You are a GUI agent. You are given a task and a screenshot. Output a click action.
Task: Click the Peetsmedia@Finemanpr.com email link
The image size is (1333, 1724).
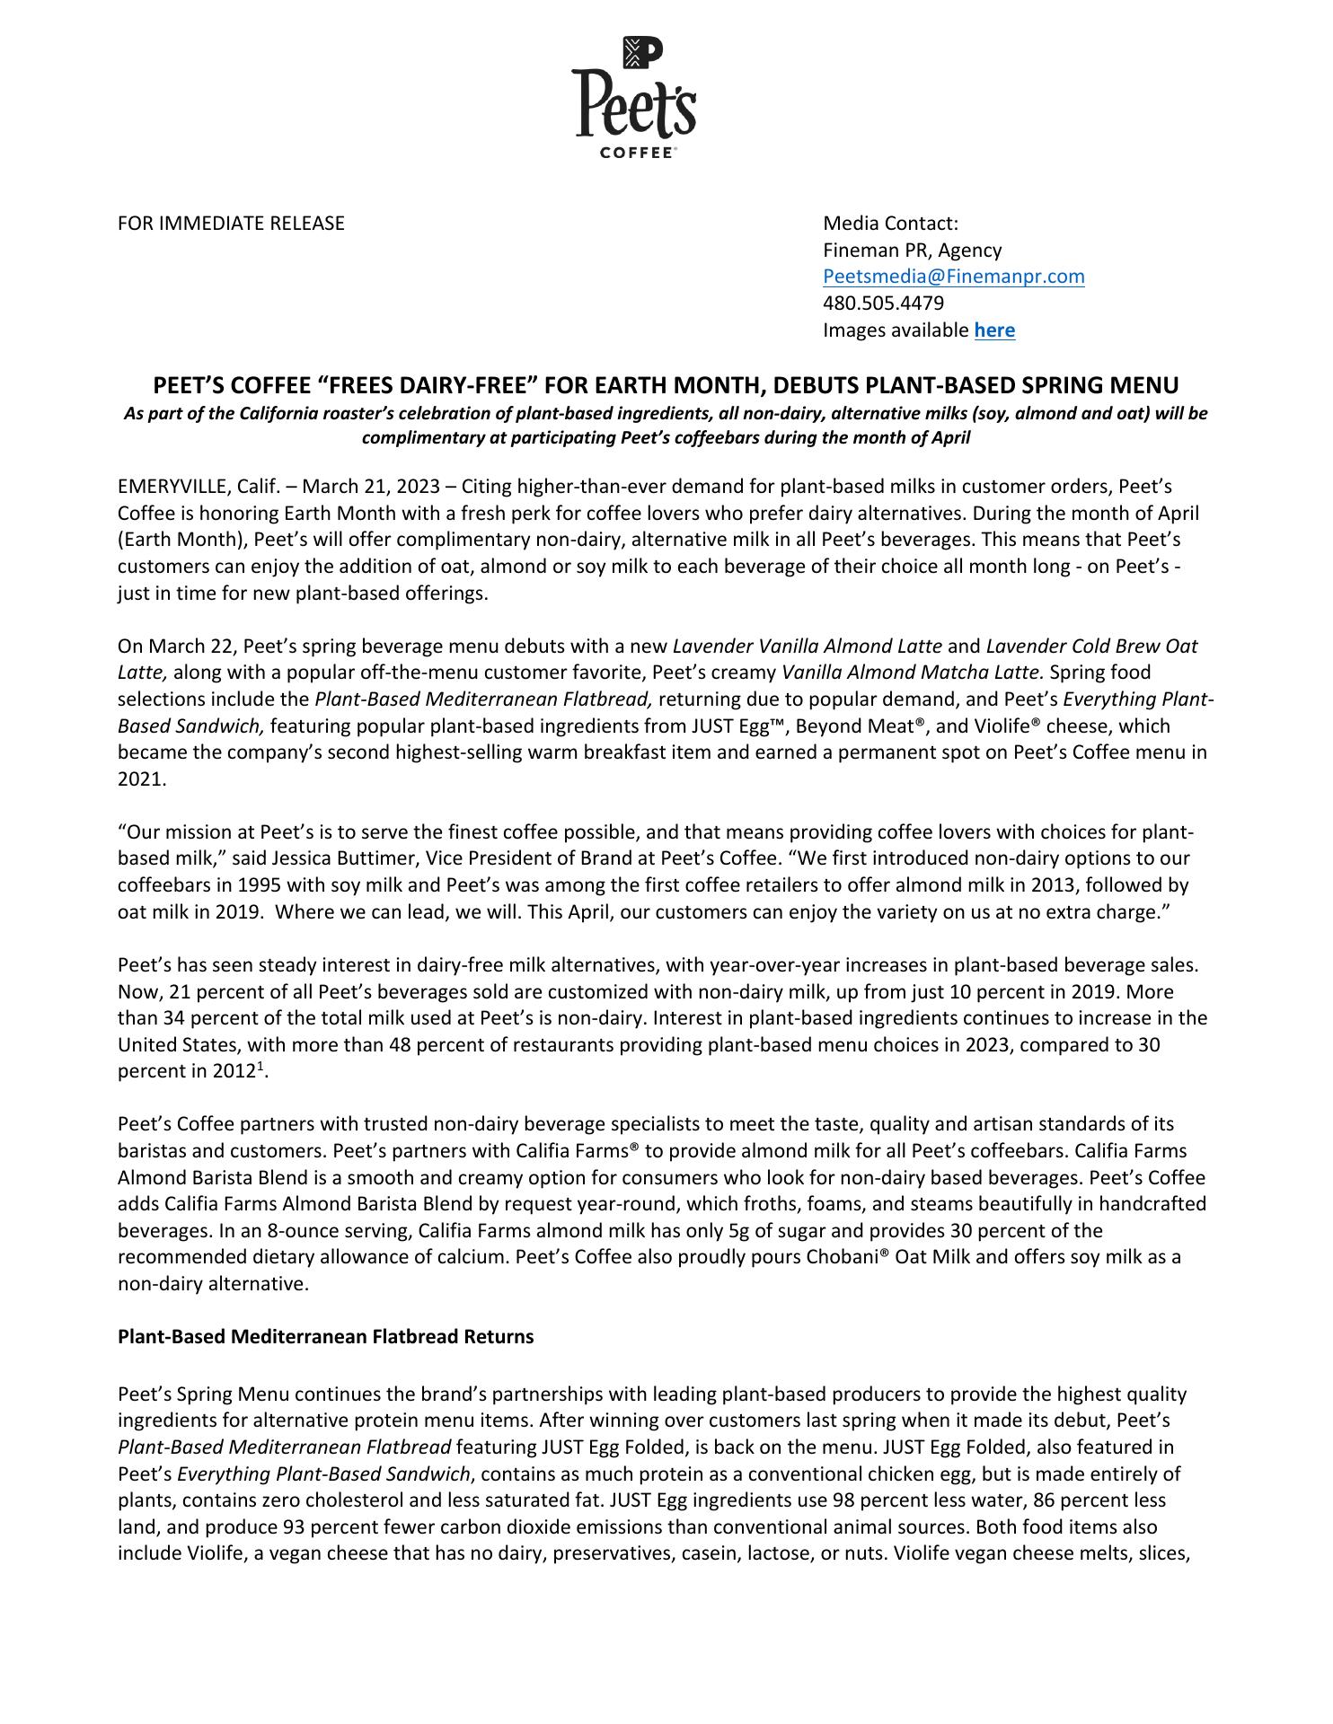tap(953, 277)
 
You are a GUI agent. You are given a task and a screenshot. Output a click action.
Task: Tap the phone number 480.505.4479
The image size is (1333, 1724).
tap(883, 303)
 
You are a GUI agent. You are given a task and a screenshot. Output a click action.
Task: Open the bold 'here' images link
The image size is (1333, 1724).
tap(994, 330)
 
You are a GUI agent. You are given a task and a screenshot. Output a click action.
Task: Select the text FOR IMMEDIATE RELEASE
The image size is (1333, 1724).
tap(231, 224)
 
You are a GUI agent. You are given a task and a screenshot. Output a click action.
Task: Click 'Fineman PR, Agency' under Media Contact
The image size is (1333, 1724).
tap(912, 251)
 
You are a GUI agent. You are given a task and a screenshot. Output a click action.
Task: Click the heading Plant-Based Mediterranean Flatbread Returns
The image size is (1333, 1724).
tap(325, 1337)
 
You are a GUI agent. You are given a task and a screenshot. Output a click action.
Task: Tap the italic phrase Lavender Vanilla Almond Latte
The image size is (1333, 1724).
tap(807, 646)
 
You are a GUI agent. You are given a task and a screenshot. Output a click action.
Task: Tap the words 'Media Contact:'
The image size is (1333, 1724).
tap(890, 224)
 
